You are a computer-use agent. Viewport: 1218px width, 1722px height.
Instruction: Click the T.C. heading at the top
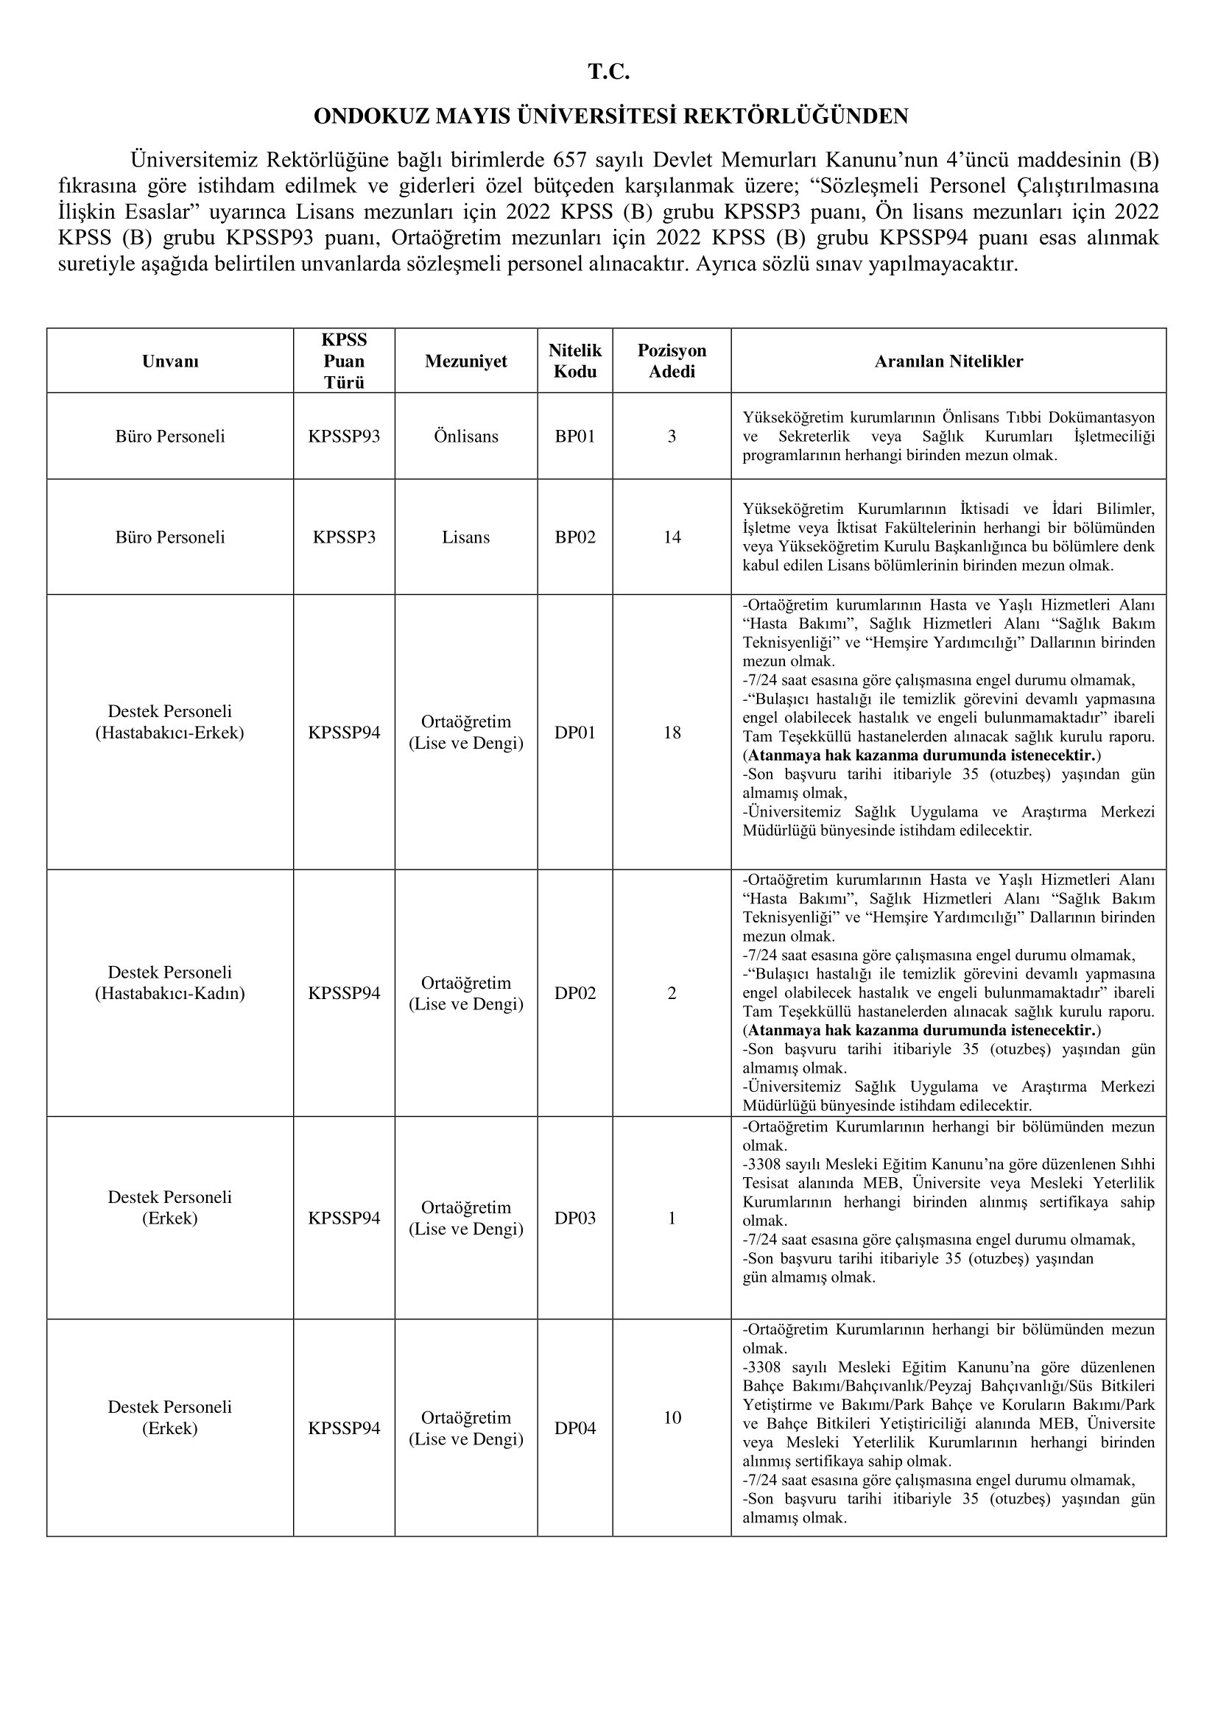point(608,72)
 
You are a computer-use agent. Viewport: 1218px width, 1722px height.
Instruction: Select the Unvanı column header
point(170,361)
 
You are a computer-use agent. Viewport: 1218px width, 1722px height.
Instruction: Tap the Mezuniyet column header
point(465,361)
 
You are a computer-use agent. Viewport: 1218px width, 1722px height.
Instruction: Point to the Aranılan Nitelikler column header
point(948,361)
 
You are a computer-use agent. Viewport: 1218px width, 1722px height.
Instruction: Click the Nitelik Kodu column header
point(574,361)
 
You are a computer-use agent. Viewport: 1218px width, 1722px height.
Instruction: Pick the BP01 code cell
point(574,437)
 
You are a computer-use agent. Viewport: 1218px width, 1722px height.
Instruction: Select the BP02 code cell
point(574,537)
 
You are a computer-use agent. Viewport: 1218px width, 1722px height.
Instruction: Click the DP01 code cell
point(574,733)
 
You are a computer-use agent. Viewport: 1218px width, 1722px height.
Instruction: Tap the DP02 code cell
point(574,993)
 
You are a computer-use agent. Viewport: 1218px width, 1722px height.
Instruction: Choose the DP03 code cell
point(574,1218)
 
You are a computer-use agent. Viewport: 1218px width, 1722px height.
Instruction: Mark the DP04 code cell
point(574,1428)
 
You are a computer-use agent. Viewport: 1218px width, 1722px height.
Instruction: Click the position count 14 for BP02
point(672,537)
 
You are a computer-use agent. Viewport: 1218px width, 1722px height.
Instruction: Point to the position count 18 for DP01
point(672,733)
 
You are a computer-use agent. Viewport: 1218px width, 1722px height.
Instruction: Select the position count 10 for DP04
point(672,1417)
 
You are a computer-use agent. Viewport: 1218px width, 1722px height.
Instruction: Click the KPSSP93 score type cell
point(344,437)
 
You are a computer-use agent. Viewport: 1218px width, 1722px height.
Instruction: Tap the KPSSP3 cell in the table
point(344,537)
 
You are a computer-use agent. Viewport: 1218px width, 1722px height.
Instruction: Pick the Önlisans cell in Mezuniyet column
point(465,437)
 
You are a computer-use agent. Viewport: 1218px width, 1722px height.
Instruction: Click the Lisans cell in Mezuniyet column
point(465,537)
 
